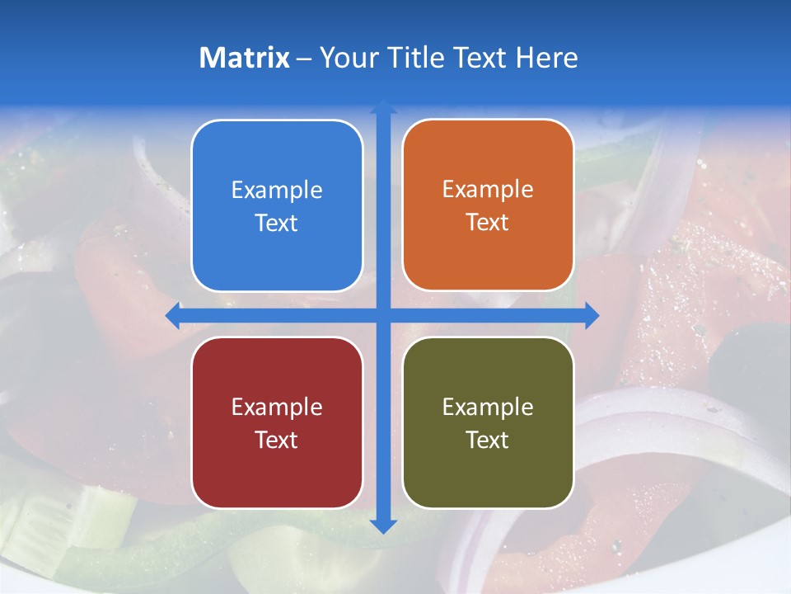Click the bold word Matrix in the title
tap(245, 58)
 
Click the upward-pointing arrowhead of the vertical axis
tap(383, 108)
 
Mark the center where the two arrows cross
tap(383, 315)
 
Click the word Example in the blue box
tap(277, 191)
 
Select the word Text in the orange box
tap(488, 223)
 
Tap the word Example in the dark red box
tap(277, 408)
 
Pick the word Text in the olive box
tap(488, 440)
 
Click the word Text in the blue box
tap(277, 223)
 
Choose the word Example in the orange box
tap(488, 190)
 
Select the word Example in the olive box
tap(488, 408)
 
